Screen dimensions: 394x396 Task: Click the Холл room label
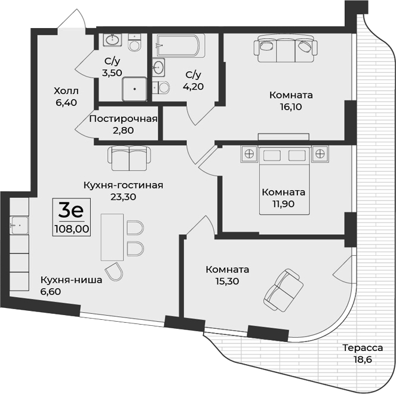click(66, 91)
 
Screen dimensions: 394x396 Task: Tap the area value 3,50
click(113, 73)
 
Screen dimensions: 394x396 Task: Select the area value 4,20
click(194, 85)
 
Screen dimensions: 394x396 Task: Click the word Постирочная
click(123, 118)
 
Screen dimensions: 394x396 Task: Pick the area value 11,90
click(283, 203)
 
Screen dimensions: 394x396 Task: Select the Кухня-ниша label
click(71, 280)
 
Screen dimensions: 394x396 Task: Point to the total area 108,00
click(72, 228)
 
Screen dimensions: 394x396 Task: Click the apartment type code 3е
click(71, 210)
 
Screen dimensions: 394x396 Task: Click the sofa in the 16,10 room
click(286, 47)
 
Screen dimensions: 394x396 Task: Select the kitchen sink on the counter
click(19, 225)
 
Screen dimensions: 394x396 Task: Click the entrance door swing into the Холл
click(70, 21)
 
